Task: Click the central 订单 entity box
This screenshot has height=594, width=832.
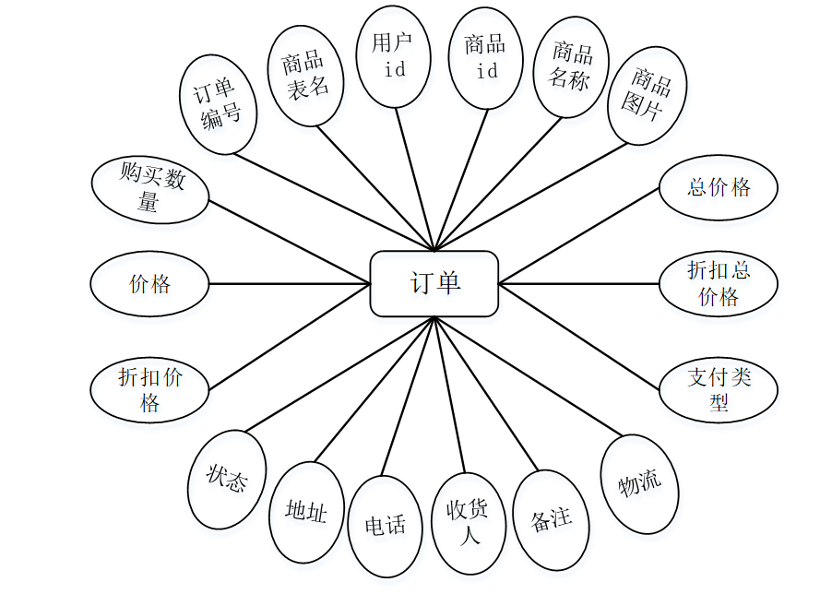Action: (x=434, y=283)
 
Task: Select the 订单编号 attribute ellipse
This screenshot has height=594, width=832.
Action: (x=219, y=103)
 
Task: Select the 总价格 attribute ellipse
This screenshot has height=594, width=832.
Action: (x=718, y=188)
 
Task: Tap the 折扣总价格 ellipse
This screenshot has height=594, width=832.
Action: (x=718, y=283)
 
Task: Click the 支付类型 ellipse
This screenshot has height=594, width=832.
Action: (x=718, y=389)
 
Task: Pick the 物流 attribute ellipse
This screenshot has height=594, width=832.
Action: (x=639, y=482)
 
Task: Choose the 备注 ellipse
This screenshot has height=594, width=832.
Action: (x=551, y=518)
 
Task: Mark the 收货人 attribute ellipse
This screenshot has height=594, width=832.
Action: (x=469, y=522)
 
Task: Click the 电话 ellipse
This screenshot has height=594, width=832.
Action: (x=385, y=526)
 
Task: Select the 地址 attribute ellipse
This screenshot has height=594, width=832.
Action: (x=306, y=511)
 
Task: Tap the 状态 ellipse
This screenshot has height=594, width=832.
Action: (x=227, y=480)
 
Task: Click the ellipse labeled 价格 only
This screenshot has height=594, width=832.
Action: (x=149, y=284)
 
